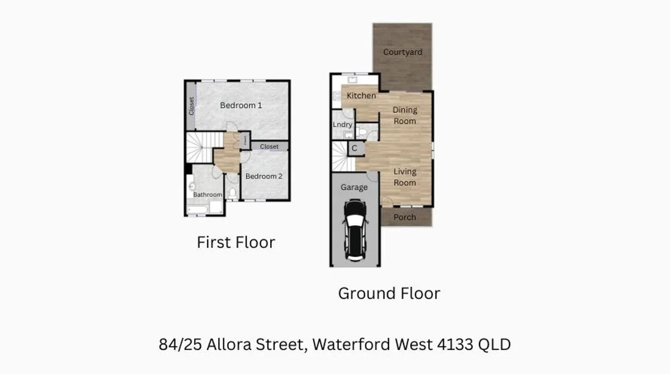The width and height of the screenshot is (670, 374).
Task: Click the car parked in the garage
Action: [x=355, y=230]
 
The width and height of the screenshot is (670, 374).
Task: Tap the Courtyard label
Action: [x=403, y=52]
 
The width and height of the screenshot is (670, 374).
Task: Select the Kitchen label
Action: [x=361, y=95]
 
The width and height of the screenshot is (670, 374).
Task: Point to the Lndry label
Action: [x=342, y=124]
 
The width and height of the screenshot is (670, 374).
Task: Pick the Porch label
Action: [x=405, y=217]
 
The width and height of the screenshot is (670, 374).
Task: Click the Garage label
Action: [x=354, y=187]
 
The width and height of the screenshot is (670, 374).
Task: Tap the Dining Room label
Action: [x=405, y=115]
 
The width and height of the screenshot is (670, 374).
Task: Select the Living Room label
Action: [x=405, y=177]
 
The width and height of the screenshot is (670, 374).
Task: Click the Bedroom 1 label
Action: [x=241, y=105]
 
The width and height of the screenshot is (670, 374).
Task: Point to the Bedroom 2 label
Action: [x=264, y=176]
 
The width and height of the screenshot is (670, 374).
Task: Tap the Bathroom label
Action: [x=208, y=195]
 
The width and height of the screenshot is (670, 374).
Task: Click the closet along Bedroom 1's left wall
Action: [x=192, y=106]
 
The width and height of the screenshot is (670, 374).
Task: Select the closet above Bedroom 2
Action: [x=269, y=147]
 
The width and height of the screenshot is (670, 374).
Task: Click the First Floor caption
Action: [x=236, y=242]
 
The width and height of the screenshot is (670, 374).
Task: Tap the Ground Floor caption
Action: [x=389, y=293]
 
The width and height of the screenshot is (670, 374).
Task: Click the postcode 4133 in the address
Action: [x=452, y=344]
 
